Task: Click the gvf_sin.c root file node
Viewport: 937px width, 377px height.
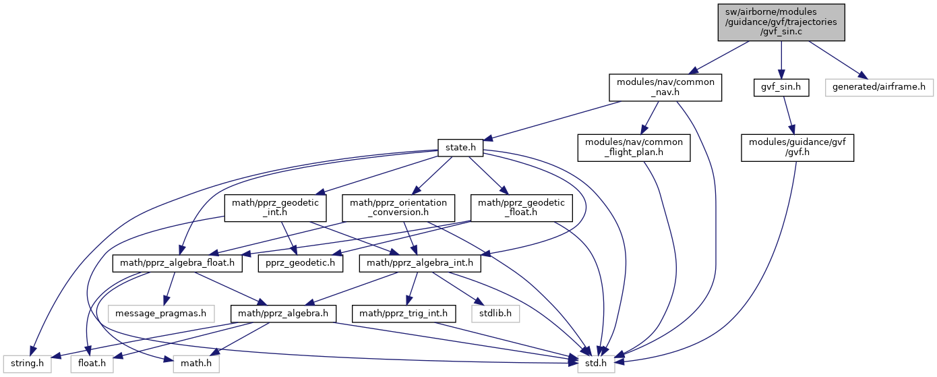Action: click(781, 22)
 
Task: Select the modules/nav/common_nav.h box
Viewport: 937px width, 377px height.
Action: click(666, 88)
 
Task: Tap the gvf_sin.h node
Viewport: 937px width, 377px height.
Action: click(781, 88)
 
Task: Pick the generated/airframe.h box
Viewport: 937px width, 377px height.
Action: click(880, 88)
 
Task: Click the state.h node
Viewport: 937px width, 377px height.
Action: click(456, 147)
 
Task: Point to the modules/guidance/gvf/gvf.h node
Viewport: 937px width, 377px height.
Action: click(797, 147)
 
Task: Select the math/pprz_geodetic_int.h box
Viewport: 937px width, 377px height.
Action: click(276, 208)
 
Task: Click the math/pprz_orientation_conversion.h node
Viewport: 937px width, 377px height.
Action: click(394, 208)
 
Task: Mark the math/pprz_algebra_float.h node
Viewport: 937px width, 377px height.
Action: click(178, 262)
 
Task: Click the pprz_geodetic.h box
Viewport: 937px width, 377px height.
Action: click(301, 262)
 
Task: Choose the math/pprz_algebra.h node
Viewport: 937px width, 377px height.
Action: click(279, 314)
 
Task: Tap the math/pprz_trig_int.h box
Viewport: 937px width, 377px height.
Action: click(404, 314)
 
